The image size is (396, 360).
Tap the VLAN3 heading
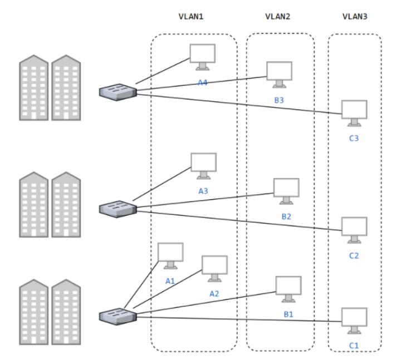[354, 17]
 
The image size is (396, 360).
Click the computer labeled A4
[202, 56]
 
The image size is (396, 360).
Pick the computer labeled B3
[279, 74]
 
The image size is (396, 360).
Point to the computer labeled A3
[203, 165]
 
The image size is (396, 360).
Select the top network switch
[118, 92]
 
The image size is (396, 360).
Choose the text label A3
[203, 191]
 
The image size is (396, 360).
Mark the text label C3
[354, 138]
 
